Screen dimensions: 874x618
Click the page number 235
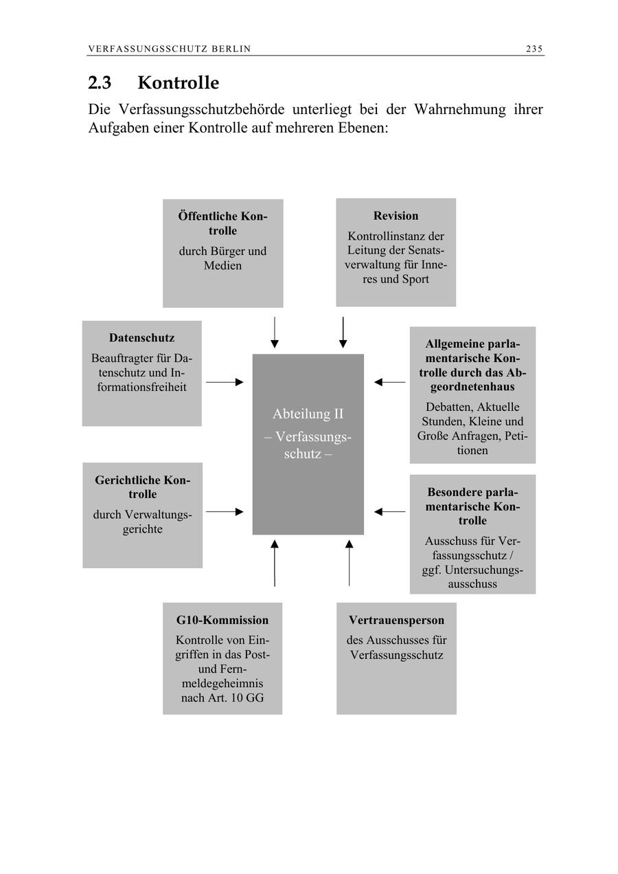(534, 49)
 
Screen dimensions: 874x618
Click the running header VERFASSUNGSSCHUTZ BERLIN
(170, 49)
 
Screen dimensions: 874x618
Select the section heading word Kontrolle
(179, 83)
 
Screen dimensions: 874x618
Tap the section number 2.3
(101, 83)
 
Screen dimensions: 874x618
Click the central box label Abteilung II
(308, 414)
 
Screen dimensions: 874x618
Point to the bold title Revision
(396, 216)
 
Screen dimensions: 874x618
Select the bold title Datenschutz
(141, 338)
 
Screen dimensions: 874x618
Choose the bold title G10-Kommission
(222, 620)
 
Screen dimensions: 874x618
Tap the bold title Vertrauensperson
(396, 620)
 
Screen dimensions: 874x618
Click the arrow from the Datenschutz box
(225, 382)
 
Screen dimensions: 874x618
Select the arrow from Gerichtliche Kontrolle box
(225, 512)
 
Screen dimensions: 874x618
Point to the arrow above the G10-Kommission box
(275, 563)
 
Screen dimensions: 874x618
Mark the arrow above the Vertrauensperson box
(349, 563)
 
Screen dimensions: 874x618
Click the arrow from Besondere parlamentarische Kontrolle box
(389, 512)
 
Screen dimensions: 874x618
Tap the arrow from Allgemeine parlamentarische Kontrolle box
(389, 382)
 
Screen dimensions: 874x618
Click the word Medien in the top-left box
(222, 266)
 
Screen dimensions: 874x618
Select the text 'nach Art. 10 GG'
(222, 699)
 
